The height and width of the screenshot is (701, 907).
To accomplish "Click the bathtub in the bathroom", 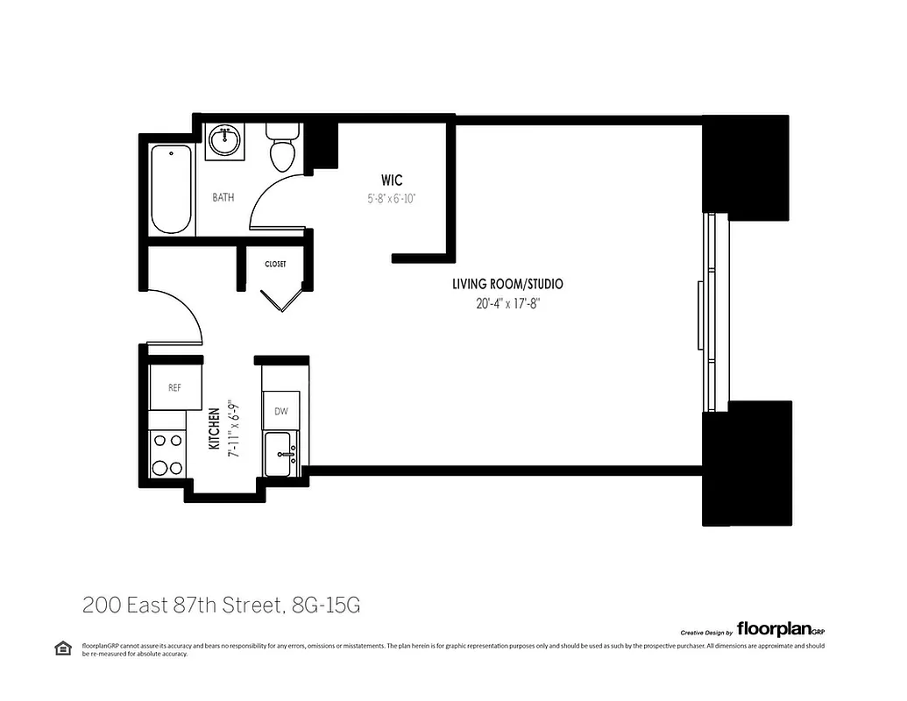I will click(171, 190).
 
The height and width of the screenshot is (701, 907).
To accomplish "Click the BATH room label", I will click(223, 198).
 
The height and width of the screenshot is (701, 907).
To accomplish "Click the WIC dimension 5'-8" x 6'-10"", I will click(391, 199).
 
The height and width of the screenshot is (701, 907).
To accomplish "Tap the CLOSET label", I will click(276, 264).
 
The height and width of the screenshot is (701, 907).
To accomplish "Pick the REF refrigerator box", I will click(174, 387).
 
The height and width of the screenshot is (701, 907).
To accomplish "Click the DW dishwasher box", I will click(281, 411).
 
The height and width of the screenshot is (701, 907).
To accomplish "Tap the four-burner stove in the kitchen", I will click(167, 455).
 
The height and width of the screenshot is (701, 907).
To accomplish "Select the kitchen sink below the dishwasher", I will click(282, 452).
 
